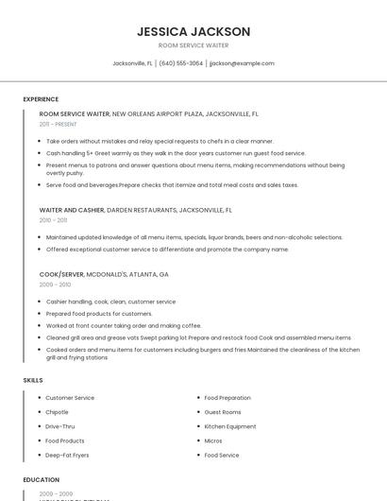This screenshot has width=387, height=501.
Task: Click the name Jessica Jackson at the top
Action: point(193,31)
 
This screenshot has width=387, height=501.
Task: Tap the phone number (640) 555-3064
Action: point(181,63)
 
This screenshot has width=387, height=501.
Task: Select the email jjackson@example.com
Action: point(242,63)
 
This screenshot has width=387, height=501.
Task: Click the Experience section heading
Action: point(41,99)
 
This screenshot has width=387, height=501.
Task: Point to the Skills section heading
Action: point(33,380)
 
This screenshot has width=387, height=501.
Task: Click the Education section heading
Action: point(42,480)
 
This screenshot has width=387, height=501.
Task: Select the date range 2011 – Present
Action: point(59,124)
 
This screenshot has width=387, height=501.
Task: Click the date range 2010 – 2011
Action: point(54,220)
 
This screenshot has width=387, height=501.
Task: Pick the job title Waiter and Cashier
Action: point(72,210)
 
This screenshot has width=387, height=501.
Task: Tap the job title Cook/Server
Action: point(61,274)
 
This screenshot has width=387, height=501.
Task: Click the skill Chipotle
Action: point(58,412)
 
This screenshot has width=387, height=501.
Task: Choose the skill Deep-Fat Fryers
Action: point(67,455)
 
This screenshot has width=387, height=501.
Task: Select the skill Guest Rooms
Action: point(223,412)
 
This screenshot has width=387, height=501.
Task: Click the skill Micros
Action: point(213,441)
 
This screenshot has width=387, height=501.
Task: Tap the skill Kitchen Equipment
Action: point(230,426)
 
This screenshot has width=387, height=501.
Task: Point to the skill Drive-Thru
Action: point(59,426)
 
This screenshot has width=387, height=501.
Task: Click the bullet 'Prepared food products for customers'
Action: point(99,314)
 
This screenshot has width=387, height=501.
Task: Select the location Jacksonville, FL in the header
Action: point(133,63)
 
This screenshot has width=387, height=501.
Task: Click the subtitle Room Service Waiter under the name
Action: point(193,45)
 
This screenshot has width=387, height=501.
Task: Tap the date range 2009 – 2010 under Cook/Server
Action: point(55,285)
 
